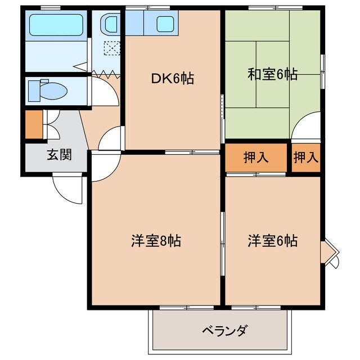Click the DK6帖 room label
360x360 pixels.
[172, 79]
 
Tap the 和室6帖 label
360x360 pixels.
[272, 74]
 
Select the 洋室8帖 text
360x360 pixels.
[152, 241]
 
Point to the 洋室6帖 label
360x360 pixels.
[272, 241]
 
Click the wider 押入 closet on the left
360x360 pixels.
[256, 157]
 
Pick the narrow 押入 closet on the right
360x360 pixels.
[305, 157]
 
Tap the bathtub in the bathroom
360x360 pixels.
[56, 26]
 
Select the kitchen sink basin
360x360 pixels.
[165, 24]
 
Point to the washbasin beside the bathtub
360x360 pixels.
[109, 24]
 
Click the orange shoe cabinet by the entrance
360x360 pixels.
[33, 125]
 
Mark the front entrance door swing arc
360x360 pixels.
[66, 189]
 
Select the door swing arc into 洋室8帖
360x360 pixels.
[104, 169]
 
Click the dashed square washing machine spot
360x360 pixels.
[112, 49]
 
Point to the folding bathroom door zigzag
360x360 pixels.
[107, 72]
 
